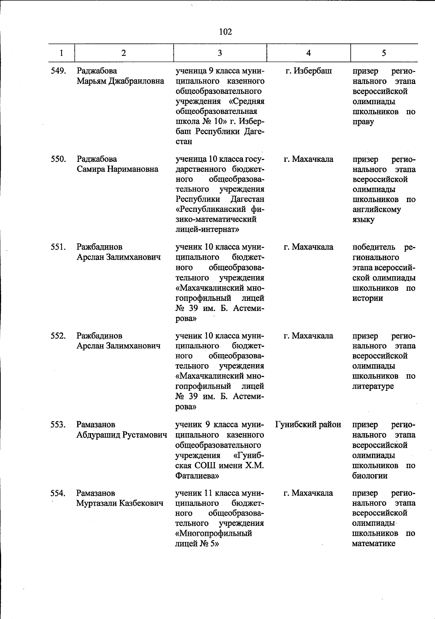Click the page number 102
(225, 32)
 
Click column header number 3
(220, 53)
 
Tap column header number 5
(384, 53)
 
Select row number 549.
(58, 71)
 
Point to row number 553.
(58, 425)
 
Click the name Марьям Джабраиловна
(120, 81)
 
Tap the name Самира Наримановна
(117, 169)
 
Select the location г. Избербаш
(308, 71)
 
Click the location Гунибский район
(308, 425)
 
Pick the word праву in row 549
(363, 122)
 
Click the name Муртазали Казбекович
(120, 503)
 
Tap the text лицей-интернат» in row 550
(207, 229)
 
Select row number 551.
(58, 247)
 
